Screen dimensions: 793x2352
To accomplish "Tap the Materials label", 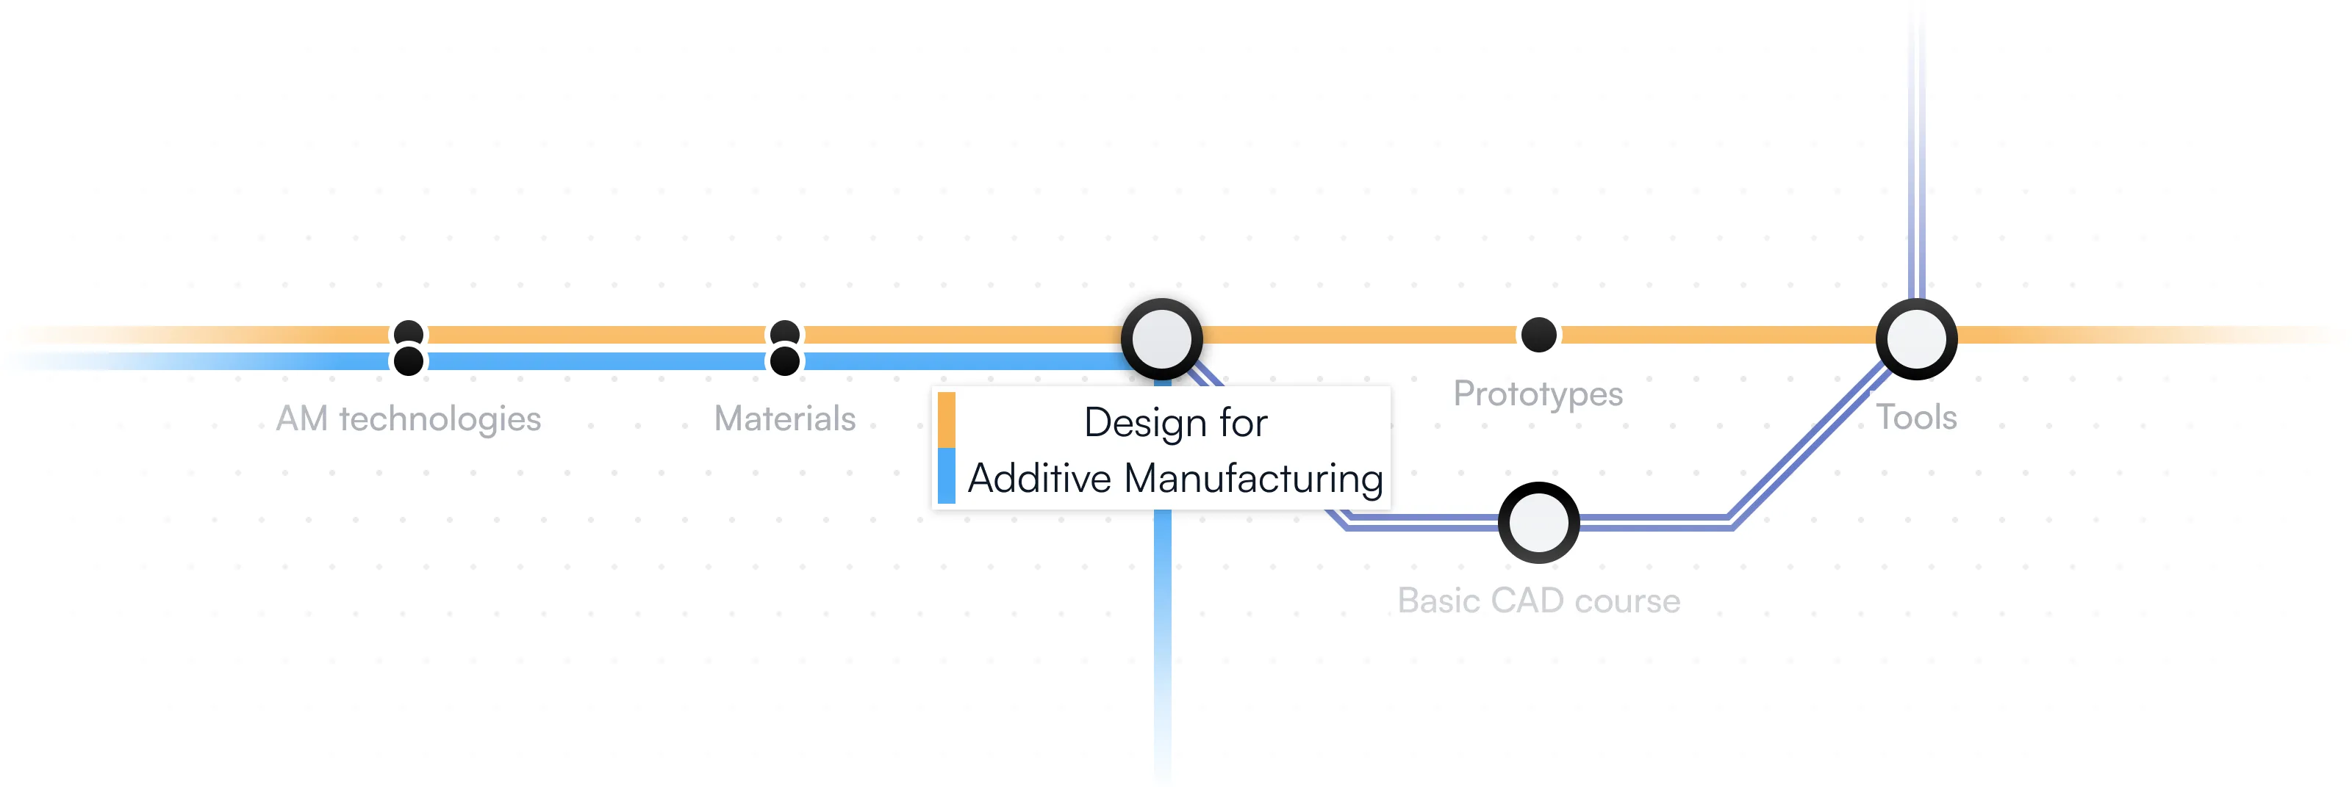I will (x=784, y=419).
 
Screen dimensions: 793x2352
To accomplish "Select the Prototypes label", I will (x=1538, y=394).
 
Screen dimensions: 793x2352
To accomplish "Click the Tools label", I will (x=1915, y=417).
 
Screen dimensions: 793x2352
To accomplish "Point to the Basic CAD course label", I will (x=1538, y=601).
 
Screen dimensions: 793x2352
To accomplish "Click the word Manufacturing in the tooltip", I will (x=1252, y=478).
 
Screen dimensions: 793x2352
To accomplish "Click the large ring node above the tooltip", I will (x=1161, y=338).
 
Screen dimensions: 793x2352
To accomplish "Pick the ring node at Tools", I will (x=1915, y=338).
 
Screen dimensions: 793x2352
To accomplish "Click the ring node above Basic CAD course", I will (x=1538, y=523).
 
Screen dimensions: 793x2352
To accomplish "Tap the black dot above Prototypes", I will (x=1538, y=335).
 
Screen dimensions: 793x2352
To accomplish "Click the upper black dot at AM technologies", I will (x=408, y=333).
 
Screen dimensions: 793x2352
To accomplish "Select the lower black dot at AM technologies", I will (x=408, y=361).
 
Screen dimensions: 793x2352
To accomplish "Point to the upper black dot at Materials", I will (x=784, y=333).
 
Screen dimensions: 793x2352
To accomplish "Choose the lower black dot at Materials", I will (x=784, y=361).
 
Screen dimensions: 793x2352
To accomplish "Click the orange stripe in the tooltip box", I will (x=946, y=420).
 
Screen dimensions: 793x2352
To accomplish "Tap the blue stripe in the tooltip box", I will (x=946, y=476).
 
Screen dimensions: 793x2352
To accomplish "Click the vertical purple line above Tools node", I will (x=1915, y=183).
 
